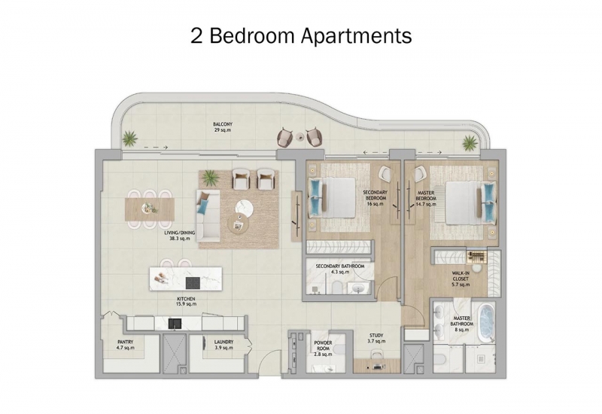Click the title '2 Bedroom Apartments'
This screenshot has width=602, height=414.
(x=301, y=35)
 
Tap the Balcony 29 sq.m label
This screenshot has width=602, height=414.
(x=223, y=127)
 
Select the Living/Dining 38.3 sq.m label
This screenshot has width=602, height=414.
(x=180, y=236)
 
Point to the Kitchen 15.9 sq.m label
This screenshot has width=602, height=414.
(x=186, y=302)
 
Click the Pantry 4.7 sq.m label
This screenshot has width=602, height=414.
(x=126, y=345)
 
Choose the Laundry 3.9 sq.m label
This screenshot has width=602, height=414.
(x=223, y=345)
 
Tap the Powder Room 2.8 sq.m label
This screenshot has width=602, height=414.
(x=323, y=349)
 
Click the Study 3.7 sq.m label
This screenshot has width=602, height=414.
(x=376, y=338)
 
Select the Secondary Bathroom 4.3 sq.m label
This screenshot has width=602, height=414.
(x=340, y=269)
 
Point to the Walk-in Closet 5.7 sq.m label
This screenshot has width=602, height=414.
(x=461, y=279)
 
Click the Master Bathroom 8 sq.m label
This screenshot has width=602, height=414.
(x=462, y=324)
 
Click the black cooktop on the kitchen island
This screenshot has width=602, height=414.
(x=193, y=283)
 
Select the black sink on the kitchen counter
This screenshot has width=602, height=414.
(x=175, y=324)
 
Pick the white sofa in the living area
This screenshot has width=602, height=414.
(x=208, y=215)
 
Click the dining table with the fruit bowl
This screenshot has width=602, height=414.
(x=150, y=209)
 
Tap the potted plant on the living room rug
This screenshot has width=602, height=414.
(x=210, y=178)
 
